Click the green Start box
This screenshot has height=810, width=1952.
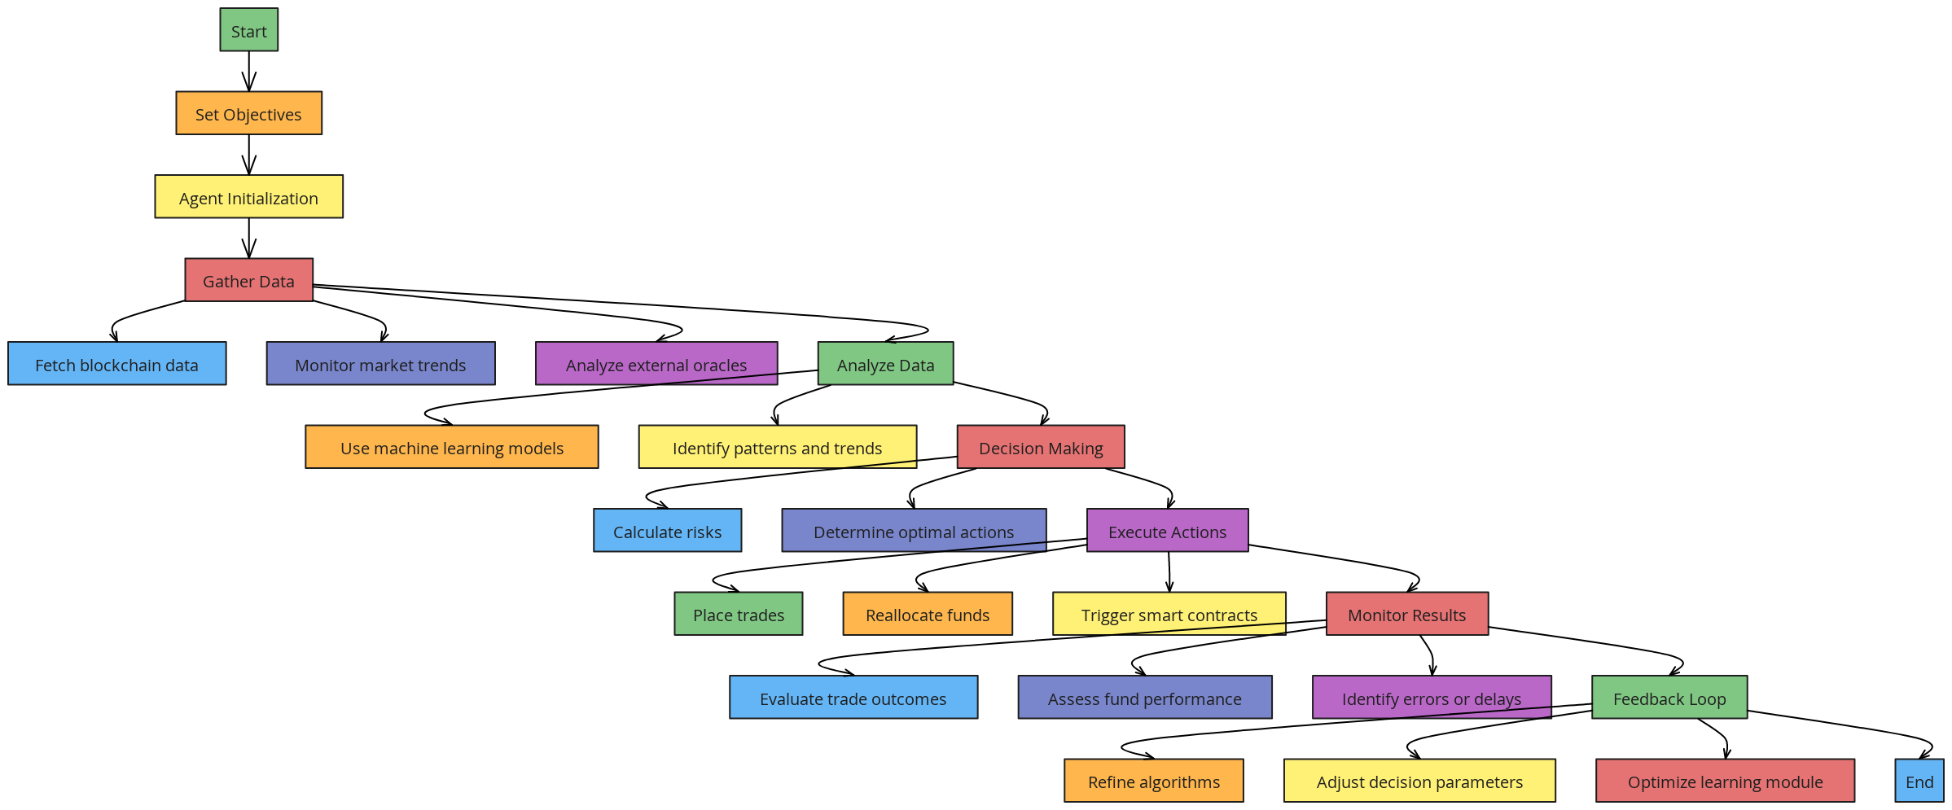(248, 30)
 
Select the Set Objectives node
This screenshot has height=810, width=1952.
(248, 113)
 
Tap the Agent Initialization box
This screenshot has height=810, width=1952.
(248, 197)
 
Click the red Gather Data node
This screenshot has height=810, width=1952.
(248, 280)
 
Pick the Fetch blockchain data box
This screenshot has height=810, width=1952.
(116, 364)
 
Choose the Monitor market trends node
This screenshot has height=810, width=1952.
(380, 364)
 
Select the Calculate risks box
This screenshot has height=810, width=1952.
(667, 531)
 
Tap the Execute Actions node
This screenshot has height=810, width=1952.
(1167, 531)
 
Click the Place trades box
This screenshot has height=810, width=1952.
(738, 614)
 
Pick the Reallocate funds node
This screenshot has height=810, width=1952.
(927, 614)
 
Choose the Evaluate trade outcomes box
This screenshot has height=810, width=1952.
(853, 698)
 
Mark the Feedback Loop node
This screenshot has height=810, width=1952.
(1669, 698)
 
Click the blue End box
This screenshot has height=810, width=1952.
(1919, 781)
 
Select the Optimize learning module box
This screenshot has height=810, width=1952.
(1725, 781)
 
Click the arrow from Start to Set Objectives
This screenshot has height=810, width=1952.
(248, 72)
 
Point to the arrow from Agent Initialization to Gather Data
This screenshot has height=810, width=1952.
(248, 239)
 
